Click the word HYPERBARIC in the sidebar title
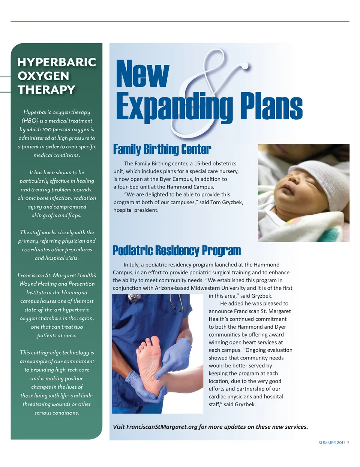(x=57, y=62)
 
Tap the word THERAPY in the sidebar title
(x=46, y=90)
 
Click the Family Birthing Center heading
(x=162, y=150)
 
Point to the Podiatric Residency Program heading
(x=177, y=250)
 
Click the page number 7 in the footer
(x=348, y=443)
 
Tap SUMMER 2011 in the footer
(x=331, y=443)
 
